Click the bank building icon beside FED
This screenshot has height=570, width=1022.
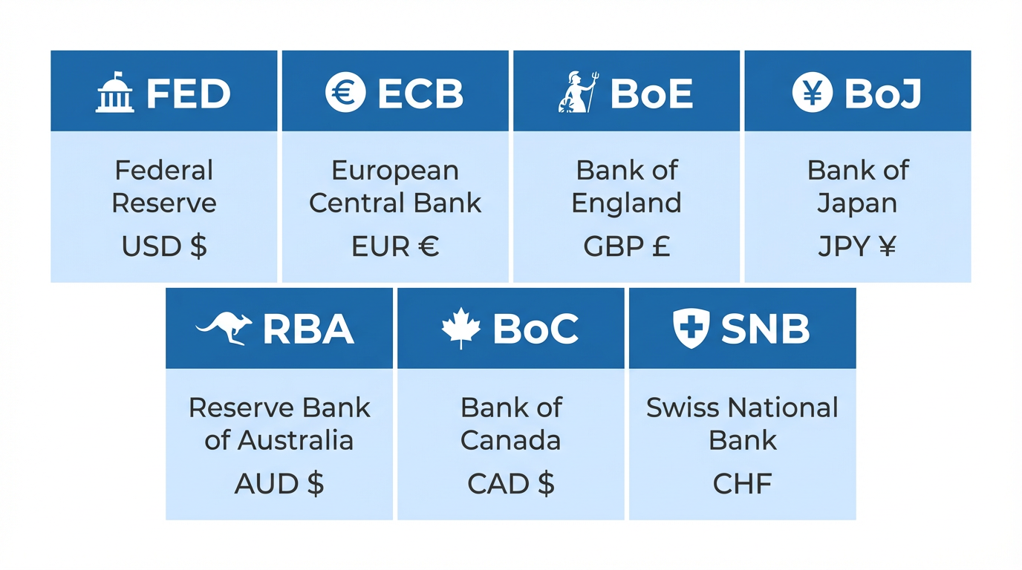click(x=115, y=93)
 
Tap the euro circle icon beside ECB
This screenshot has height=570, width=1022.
click(x=345, y=93)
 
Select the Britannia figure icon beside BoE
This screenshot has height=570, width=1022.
click(x=577, y=94)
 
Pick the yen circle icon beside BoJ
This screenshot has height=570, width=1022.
click(x=812, y=93)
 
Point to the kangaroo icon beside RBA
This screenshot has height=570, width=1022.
click(x=224, y=329)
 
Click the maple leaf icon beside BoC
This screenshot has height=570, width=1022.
click(x=460, y=329)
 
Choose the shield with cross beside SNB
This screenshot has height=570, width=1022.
click(x=691, y=329)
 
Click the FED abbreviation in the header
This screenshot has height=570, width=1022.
click(x=189, y=94)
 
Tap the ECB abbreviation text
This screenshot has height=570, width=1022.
click(x=420, y=94)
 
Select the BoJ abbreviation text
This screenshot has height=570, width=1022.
click(x=884, y=94)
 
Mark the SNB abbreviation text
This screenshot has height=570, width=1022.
click(x=766, y=330)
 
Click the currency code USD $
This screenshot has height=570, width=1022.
click(x=164, y=246)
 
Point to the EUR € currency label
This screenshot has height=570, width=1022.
click(x=395, y=246)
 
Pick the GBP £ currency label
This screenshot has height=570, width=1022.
click(x=626, y=246)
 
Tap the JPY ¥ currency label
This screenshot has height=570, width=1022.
click(x=857, y=246)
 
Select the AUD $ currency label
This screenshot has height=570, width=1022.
click(x=279, y=484)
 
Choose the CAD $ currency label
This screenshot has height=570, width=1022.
click(x=511, y=484)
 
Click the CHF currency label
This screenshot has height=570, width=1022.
click(x=742, y=484)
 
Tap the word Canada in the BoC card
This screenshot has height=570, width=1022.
click(x=511, y=440)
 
